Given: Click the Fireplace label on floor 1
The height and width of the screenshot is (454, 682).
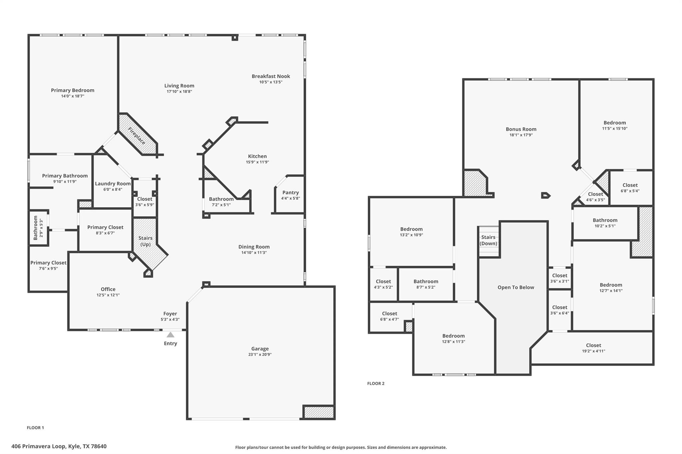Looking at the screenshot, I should [137, 136].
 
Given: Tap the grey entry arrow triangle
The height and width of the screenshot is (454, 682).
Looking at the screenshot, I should [170, 335].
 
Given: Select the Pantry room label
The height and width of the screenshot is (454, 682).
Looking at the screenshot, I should [290, 193].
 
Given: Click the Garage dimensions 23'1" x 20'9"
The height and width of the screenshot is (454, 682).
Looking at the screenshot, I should [260, 355].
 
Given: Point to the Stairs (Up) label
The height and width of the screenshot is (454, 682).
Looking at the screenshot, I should [145, 241].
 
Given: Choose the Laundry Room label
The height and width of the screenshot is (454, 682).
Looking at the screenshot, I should [113, 184].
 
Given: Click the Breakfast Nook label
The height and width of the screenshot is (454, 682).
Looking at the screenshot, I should [271, 76].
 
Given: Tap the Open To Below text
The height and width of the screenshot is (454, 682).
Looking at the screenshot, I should [515, 287].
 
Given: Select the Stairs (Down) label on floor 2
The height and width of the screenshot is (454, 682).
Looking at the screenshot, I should [488, 240].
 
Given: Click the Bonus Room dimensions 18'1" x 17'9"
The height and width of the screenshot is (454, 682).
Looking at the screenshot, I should [521, 135].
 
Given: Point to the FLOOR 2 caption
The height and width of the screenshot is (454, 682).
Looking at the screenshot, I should [376, 383].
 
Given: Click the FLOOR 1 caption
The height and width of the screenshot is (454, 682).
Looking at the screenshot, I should [35, 428].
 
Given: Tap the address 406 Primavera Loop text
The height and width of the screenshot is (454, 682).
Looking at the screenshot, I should [59, 446].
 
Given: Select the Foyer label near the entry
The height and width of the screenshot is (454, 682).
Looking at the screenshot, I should [170, 314].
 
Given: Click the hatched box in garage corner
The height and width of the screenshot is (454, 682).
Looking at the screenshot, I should [319, 412].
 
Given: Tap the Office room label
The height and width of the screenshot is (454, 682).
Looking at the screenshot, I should [108, 289].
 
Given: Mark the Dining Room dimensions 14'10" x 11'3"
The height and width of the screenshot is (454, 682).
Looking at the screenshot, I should [254, 253].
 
